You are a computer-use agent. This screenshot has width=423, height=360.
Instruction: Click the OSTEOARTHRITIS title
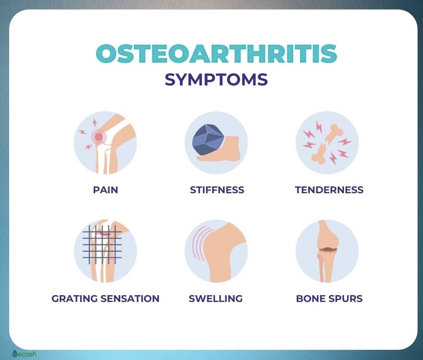pos(216,53)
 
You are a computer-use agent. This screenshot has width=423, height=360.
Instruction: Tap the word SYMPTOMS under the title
pos(216,79)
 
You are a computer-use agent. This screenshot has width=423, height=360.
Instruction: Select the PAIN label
pos(106,190)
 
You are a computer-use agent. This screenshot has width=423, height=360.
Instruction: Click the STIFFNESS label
pos(217,190)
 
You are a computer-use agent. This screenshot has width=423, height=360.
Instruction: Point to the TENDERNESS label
pos(329,190)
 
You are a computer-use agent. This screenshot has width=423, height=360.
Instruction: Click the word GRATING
pos(75,299)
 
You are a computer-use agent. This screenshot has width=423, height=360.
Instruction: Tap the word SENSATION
pos(130,299)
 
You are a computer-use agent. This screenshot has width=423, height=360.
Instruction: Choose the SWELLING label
pos(215,299)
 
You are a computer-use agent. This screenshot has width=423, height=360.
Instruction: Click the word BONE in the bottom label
pos(311,299)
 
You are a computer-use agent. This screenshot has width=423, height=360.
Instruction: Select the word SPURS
pos(346,299)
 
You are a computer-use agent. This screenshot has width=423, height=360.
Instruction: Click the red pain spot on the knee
pos(99,137)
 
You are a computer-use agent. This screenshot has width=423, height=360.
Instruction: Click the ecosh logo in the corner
pos(24,354)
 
